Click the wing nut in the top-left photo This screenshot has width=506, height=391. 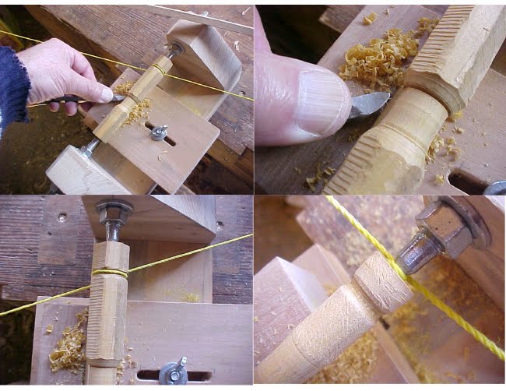[159, 132]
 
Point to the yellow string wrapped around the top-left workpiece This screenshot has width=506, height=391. [159, 69]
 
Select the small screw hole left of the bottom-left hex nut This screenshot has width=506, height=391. [61, 217]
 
